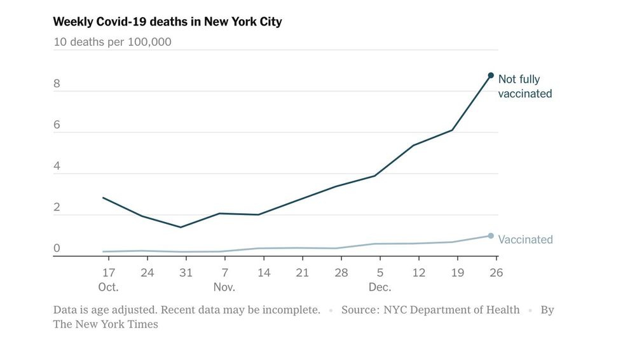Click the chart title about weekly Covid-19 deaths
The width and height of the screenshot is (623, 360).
167,22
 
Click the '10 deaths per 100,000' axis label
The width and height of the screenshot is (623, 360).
112,43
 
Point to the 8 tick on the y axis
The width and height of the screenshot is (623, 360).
57,83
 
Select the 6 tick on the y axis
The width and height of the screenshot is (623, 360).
57,125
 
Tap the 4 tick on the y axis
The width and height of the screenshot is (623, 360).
57,166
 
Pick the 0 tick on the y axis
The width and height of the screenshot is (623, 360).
57,248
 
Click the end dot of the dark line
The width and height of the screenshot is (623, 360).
491,76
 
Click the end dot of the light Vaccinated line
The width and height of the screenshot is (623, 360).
491,236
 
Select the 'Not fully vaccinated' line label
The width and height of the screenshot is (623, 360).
524,87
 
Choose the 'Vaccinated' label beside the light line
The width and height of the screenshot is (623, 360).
525,240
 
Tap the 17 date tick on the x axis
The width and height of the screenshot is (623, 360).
109,273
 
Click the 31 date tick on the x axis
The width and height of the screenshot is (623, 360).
186,273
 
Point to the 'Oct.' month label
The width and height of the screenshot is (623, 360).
109,287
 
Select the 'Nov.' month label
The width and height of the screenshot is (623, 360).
224,287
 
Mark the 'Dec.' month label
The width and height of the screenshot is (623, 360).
380,287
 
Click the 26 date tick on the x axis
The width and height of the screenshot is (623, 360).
496,273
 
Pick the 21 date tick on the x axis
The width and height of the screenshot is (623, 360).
302,273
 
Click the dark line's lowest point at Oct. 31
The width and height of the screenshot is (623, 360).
181,227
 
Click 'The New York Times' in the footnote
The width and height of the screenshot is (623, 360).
106,324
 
